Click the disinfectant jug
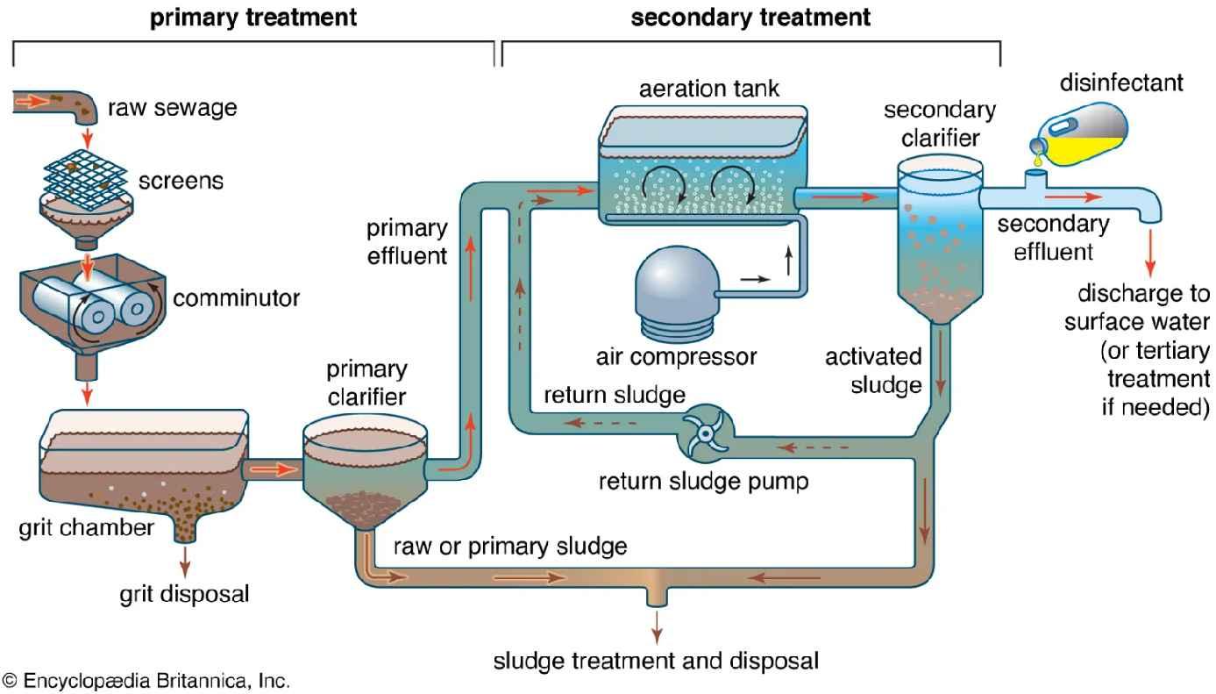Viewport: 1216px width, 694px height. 1080,134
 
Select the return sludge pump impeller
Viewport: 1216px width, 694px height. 705,433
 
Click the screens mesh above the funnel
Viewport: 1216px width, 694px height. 86,179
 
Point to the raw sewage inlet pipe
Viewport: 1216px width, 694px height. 55,106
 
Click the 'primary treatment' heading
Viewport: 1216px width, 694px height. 253,18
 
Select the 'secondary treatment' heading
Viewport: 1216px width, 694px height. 750,18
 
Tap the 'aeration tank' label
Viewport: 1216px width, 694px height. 708,89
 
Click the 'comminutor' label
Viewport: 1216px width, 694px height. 236,297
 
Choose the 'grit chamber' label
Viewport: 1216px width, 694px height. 86,527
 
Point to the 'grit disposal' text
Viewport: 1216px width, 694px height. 184,593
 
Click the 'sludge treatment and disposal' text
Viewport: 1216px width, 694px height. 656,661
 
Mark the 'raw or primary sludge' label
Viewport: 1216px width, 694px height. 510,547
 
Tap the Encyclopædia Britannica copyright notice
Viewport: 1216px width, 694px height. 146,681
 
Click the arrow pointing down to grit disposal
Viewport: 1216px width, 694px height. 185,562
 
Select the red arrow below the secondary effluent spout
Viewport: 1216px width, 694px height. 1149,254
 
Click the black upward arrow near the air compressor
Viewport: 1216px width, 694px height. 789,261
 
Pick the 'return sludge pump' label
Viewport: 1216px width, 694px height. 703,482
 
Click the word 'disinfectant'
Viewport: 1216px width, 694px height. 1121,82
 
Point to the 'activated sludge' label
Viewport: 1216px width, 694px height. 873,370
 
